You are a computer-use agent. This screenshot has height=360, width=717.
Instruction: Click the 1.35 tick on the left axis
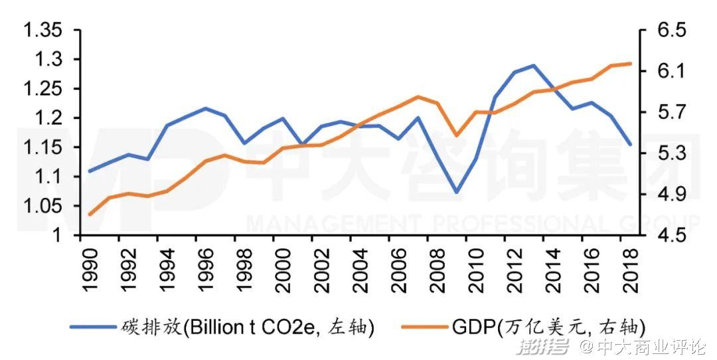click(44, 31)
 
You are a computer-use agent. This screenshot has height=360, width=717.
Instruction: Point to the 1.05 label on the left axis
click(44, 206)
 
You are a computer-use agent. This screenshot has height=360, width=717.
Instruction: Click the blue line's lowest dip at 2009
click(456, 193)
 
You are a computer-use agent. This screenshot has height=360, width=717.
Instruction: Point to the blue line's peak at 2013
click(533, 66)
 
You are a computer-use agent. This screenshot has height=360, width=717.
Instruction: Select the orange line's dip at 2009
click(456, 135)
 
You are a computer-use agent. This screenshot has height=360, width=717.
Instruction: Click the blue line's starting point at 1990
click(90, 171)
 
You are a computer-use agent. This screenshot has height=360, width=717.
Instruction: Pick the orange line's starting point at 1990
click(90, 214)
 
